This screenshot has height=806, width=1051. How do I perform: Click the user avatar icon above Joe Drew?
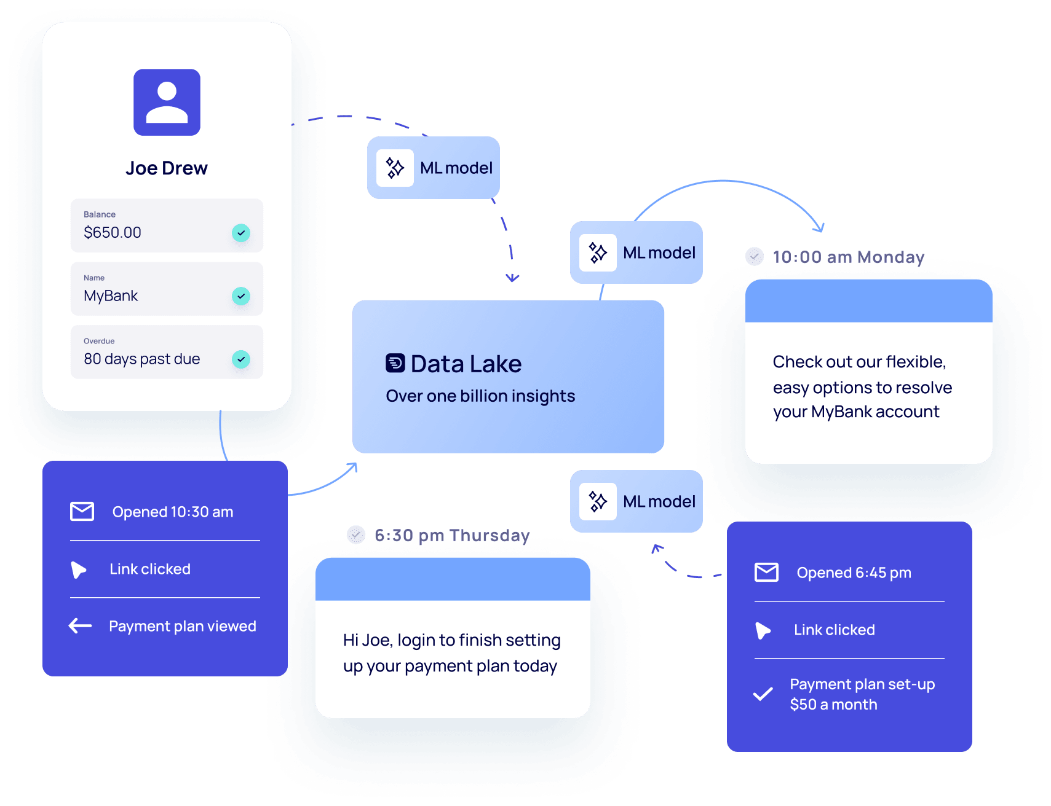click(x=167, y=102)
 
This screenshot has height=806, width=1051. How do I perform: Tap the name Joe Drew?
click(x=167, y=168)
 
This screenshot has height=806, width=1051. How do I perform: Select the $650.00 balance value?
click(x=113, y=233)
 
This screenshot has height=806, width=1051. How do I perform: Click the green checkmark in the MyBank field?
click(x=241, y=296)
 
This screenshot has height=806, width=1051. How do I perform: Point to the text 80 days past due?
click(x=142, y=359)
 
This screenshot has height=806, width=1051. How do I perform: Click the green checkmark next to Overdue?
click(x=241, y=359)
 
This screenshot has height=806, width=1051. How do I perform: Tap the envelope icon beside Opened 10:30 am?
click(x=82, y=512)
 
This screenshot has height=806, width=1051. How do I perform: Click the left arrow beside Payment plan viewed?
click(x=81, y=626)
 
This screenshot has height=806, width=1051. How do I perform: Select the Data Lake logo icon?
click(x=395, y=363)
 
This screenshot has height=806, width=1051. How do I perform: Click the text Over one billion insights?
click(x=480, y=396)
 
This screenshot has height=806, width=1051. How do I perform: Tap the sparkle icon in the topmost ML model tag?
click(x=395, y=168)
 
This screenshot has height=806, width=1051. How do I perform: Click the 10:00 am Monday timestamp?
click(x=848, y=257)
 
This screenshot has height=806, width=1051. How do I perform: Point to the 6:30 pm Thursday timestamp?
click(x=452, y=535)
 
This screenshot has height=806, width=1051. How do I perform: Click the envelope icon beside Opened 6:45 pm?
click(x=766, y=573)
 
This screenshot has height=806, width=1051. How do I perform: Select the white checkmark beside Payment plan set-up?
click(x=763, y=694)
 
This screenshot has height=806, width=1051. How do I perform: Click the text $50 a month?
click(x=833, y=705)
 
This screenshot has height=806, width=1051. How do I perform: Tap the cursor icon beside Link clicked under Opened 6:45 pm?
click(x=763, y=630)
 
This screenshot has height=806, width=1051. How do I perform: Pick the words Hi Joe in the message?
click(x=367, y=641)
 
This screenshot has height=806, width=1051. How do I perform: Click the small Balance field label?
click(x=100, y=214)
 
